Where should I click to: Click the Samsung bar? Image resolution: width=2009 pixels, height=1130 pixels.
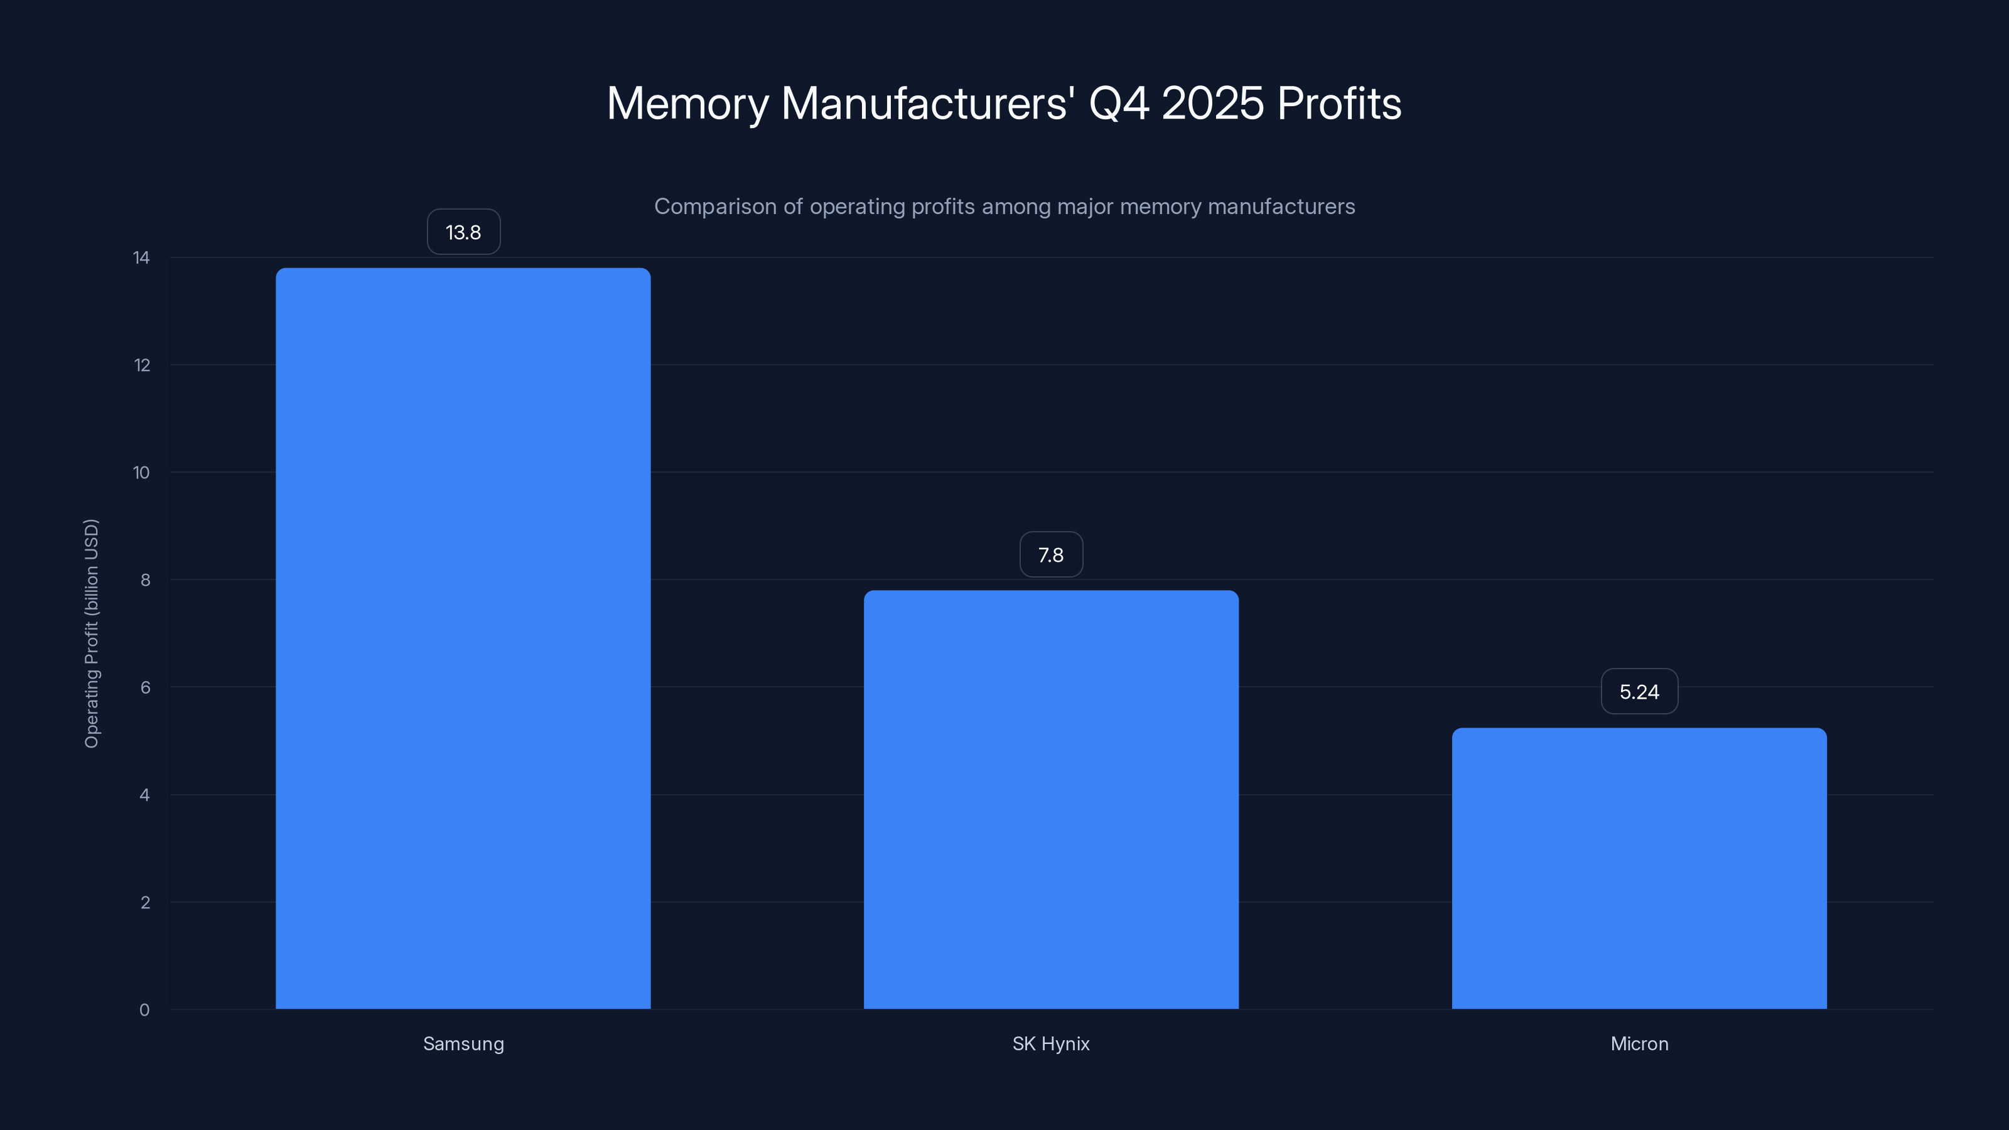point(463,638)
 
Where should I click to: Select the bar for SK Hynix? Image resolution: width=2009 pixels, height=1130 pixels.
point(1050,799)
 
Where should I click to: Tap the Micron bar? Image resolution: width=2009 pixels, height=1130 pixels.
point(1639,868)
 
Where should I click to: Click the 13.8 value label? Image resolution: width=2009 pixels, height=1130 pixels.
point(463,232)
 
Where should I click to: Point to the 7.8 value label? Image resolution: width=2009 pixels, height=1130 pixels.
point(1050,555)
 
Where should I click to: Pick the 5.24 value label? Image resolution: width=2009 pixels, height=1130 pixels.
point(1639,692)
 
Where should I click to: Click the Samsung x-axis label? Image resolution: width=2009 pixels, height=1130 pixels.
point(463,1043)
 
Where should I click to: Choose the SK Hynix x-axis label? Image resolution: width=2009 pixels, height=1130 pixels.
point(1050,1043)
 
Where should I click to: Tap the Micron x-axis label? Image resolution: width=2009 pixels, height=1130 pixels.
point(1639,1043)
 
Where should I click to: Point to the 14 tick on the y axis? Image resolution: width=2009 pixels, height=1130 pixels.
point(141,257)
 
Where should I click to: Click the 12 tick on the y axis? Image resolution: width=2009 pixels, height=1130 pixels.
point(141,365)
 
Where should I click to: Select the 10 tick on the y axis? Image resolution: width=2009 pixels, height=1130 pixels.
point(141,473)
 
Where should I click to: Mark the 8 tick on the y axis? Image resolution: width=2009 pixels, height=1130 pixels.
point(145,580)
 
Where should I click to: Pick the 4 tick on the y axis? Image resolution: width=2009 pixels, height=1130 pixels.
point(145,795)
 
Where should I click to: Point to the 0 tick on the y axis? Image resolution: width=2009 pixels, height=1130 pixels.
point(144,1010)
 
